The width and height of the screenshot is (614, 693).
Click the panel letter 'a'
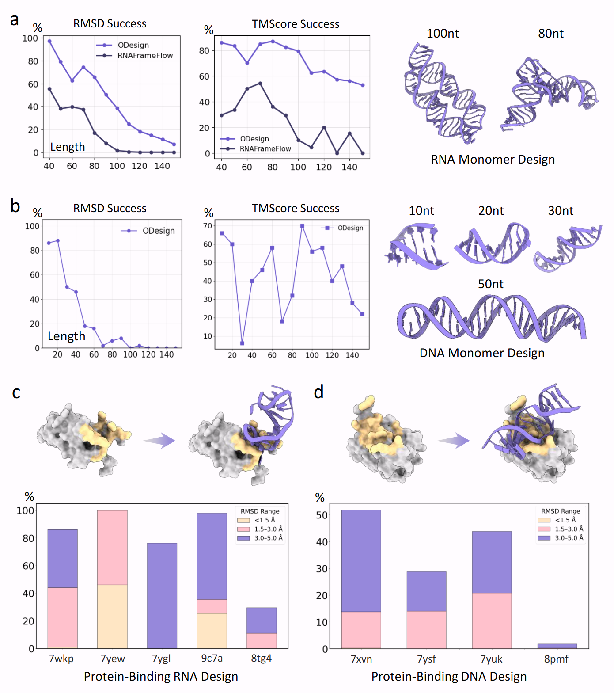point(15,20)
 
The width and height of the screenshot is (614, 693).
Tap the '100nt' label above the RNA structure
point(443,34)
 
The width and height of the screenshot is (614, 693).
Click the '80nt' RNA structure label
point(550,34)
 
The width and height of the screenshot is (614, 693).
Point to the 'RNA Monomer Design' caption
point(493,160)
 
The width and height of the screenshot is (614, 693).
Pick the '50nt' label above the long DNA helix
point(490,284)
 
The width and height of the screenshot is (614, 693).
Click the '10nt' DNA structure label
point(421,211)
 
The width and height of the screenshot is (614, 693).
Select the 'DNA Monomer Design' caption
point(482,353)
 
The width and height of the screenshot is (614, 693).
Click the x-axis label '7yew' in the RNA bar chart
point(113,659)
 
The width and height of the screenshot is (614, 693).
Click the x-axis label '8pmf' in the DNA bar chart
point(556,659)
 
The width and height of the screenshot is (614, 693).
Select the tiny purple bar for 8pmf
point(557,646)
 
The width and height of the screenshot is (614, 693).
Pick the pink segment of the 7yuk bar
point(492,621)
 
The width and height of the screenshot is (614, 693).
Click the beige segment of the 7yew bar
point(112,616)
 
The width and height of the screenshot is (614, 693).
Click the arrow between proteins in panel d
point(454,440)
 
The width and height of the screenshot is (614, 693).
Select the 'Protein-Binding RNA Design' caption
point(161,677)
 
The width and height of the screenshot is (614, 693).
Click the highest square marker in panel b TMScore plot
point(302,226)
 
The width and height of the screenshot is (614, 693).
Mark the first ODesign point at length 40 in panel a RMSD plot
point(49,41)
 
